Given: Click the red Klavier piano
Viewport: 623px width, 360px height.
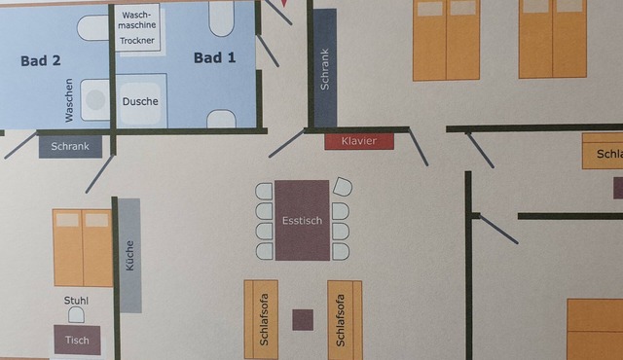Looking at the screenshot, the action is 359,141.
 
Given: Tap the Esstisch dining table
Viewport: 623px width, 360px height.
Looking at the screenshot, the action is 303,220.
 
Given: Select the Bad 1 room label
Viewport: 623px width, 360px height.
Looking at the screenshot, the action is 214,58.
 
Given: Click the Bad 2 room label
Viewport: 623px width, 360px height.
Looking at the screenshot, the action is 41,60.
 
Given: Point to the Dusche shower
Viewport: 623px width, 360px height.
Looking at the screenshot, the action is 140,101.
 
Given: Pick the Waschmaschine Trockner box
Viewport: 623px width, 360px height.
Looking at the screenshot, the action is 137,27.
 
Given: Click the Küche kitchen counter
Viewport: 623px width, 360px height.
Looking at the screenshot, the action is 129,255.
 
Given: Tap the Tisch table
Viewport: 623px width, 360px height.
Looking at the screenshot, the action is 77,340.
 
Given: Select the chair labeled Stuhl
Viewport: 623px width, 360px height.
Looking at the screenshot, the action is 76,314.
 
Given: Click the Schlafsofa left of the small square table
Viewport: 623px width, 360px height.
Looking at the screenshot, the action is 261,319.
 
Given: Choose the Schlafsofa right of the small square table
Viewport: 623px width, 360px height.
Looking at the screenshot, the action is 345,320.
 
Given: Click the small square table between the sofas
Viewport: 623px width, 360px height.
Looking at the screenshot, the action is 303,320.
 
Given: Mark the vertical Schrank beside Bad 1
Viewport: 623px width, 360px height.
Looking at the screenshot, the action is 325,68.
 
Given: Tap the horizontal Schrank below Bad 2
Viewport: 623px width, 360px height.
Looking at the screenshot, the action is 70,147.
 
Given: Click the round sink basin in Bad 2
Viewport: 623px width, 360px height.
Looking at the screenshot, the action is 95,99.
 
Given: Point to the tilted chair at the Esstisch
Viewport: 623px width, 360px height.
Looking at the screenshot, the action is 343,187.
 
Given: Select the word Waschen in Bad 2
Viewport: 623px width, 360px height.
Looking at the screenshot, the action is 69,100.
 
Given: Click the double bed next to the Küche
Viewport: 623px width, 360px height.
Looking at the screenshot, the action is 83,248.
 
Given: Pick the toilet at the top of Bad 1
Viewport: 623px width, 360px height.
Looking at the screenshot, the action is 221,18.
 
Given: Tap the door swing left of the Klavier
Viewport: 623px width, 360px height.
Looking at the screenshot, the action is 287,143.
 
